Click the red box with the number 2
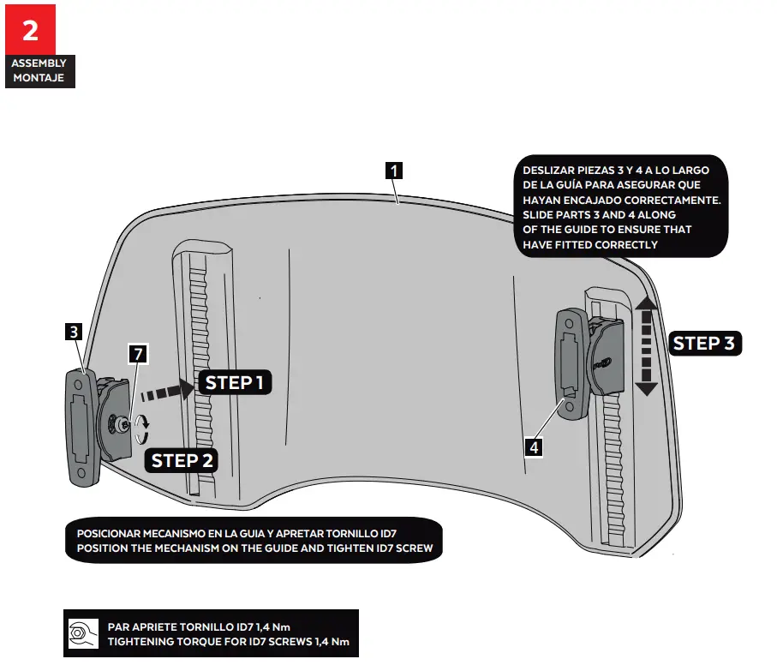click(x=30, y=29)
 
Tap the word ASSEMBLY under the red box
click(x=38, y=63)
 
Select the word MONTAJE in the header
click(x=38, y=78)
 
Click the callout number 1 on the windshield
click(x=393, y=170)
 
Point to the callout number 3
click(x=74, y=330)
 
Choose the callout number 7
click(x=136, y=352)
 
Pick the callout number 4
click(x=534, y=446)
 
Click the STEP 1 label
click(x=234, y=383)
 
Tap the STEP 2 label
click(x=182, y=460)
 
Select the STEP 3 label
click(x=703, y=344)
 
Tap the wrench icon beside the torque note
click(x=83, y=633)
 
